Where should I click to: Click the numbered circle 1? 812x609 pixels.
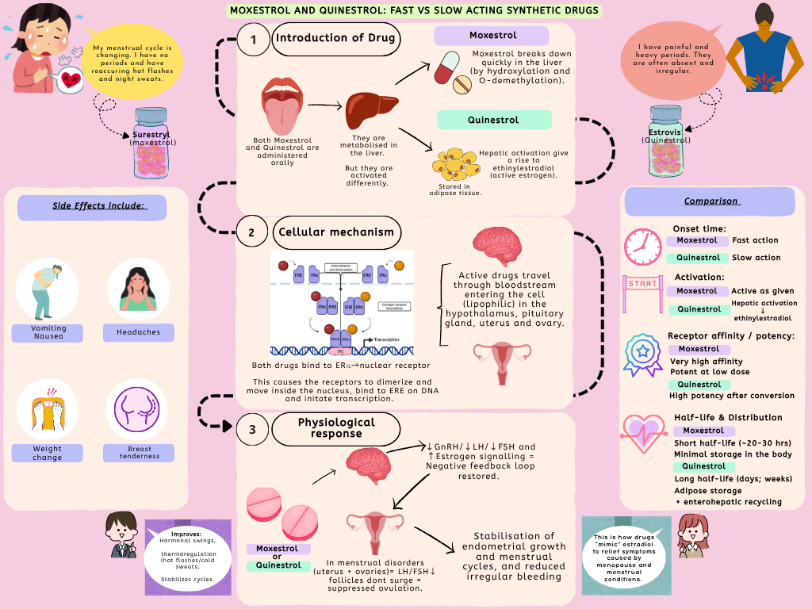[x=254, y=40]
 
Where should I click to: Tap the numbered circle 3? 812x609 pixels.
[x=253, y=429]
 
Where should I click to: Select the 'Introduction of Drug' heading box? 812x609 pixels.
[x=335, y=39]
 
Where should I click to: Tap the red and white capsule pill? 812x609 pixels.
[x=450, y=69]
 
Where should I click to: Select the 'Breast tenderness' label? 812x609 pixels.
[x=140, y=453]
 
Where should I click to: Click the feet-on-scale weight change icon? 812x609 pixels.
[x=47, y=410]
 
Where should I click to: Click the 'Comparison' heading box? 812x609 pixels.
[x=709, y=201]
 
